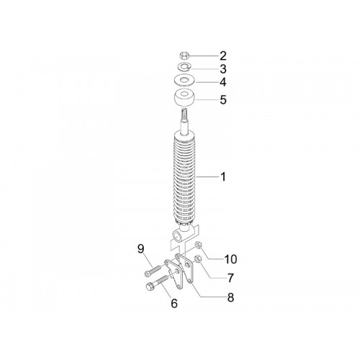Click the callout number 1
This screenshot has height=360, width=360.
coord(223,177)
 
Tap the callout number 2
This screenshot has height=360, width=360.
coord(223,55)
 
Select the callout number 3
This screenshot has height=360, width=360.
coord(223,69)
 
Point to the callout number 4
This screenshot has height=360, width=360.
coord(223,82)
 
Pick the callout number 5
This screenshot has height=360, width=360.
coord(223,99)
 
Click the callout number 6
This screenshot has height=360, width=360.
coord(174,303)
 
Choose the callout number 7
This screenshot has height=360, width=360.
coord(230,278)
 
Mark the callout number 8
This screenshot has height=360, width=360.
coord(230,297)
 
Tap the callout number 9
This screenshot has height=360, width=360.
coord(141,249)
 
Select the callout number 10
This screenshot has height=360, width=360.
coord(230,259)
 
